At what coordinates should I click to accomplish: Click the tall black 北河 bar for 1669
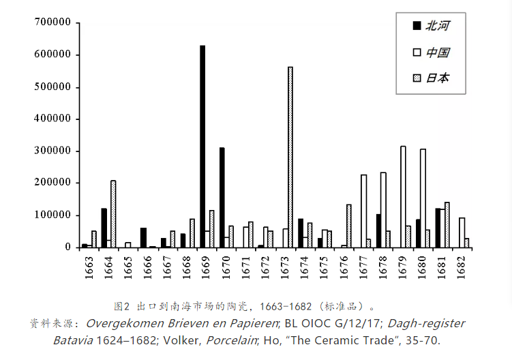[202, 146]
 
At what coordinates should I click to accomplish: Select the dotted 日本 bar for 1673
[290, 157]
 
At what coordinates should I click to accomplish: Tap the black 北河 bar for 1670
[222, 197]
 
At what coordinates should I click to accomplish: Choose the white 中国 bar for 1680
[423, 198]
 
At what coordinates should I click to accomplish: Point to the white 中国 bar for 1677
[363, 211]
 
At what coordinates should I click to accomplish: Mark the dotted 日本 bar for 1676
[349, 226]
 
